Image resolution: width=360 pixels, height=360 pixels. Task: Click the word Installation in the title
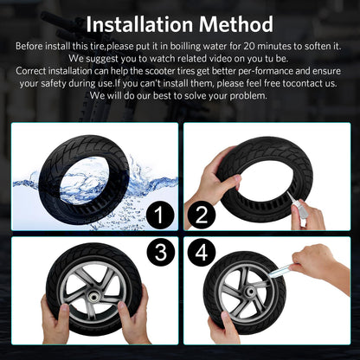[x=144, y=23]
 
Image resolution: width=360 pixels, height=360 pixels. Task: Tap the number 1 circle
[x=159, y=213]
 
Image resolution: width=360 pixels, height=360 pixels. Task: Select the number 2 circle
[x=202, y=213]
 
